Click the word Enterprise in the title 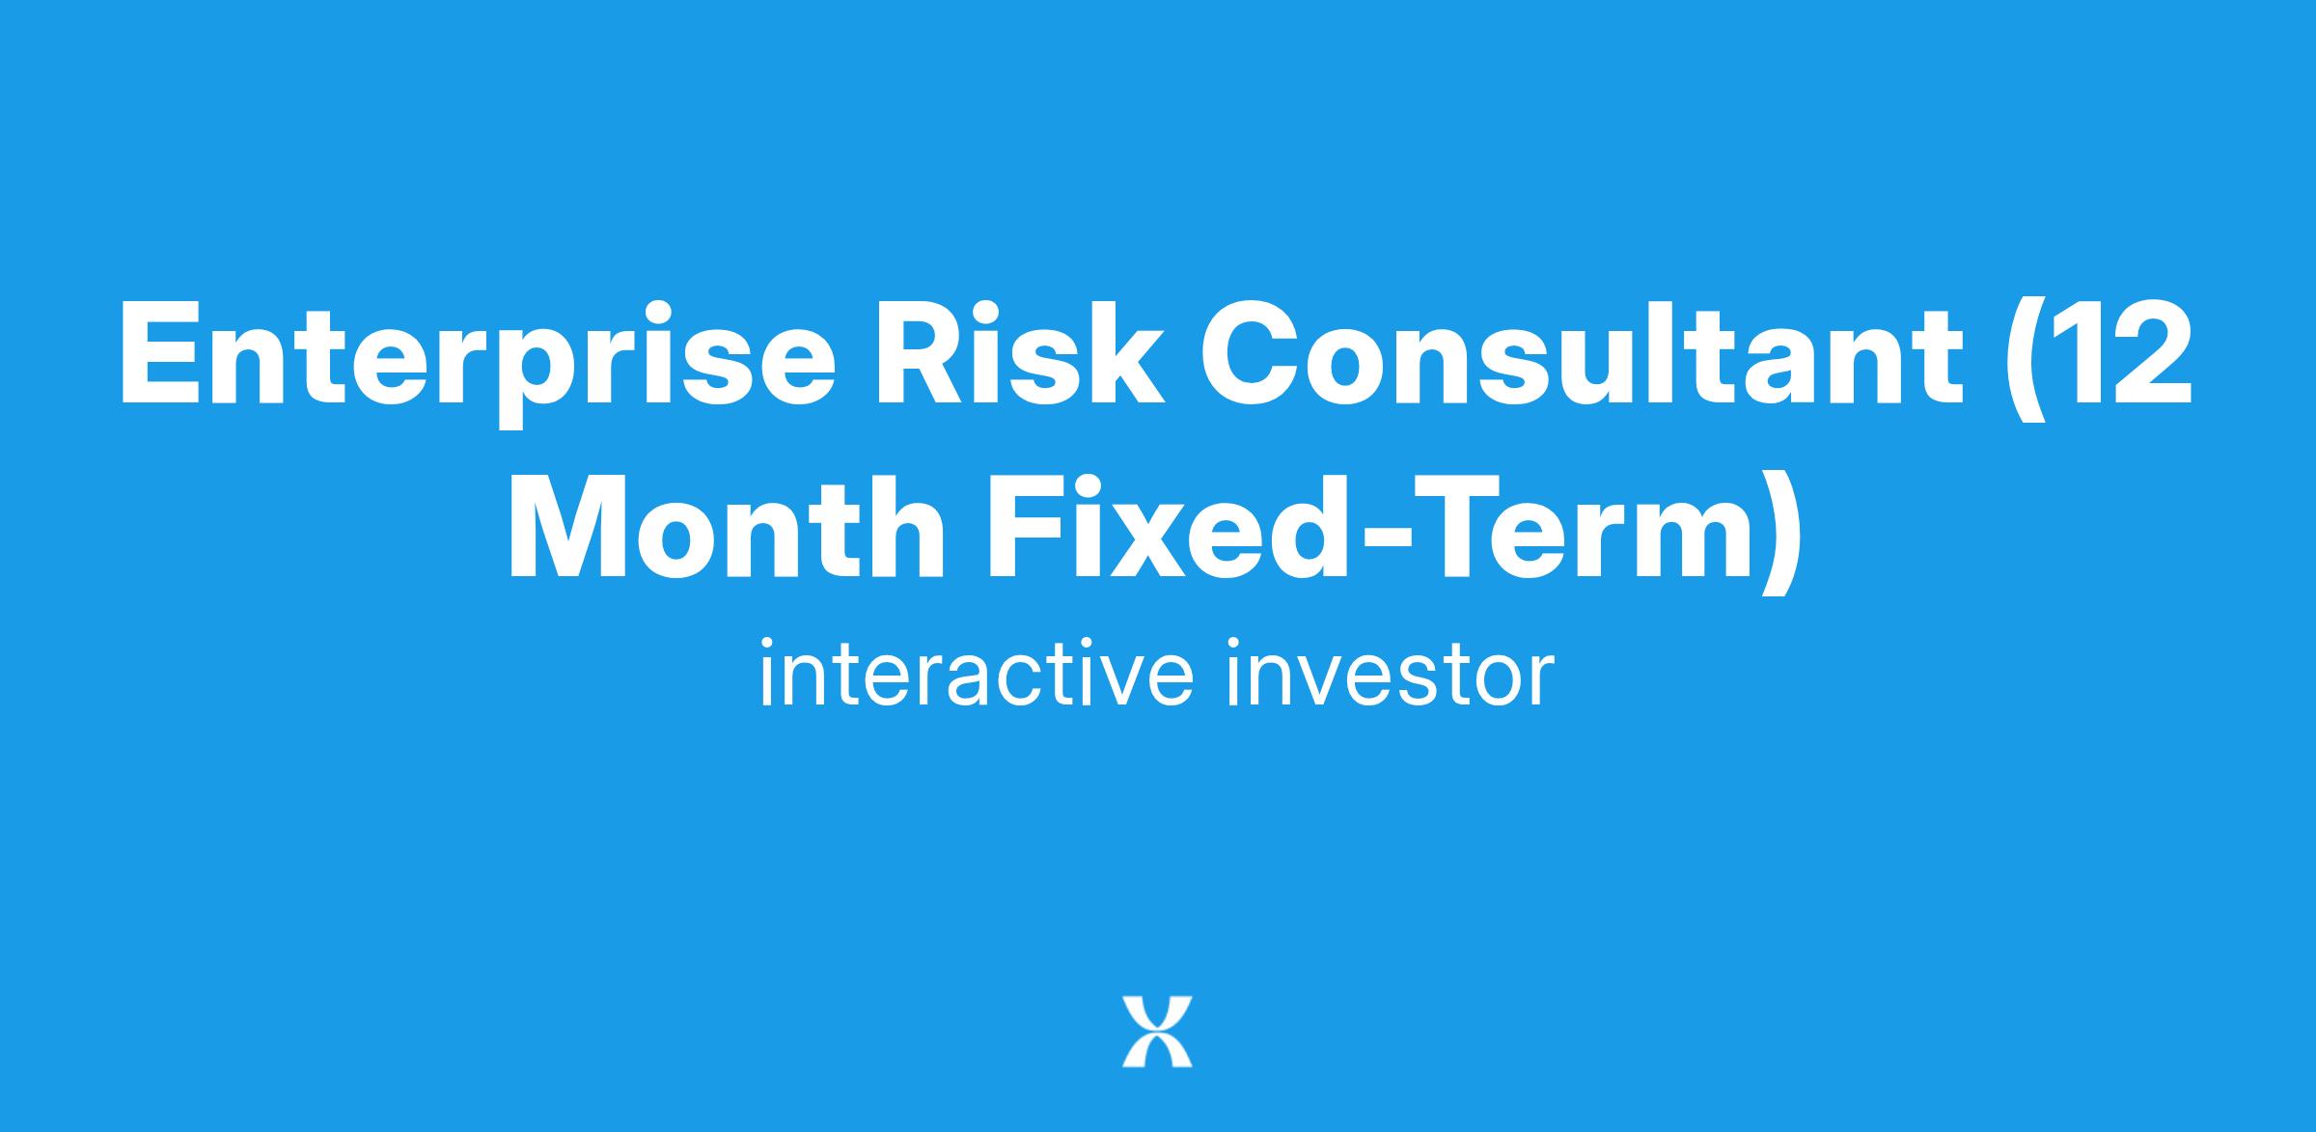478,359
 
